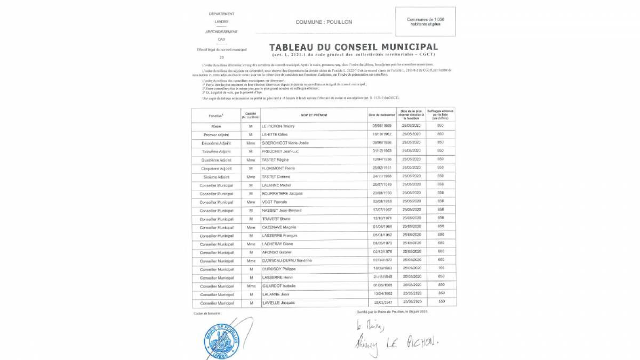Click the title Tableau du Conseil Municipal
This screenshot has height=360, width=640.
(x=354, y=47)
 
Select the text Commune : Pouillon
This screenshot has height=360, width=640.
(x=324, y=22)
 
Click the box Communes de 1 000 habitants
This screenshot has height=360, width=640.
(x=425, y=22)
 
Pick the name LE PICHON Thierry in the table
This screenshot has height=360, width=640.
(x=279, y=126)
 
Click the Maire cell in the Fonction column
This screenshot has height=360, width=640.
(x=216, y=126)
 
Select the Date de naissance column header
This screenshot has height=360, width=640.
(x=381, y=115)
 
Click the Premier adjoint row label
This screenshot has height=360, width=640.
(x=216, y=134)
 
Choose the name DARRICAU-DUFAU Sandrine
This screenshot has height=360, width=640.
(x=287, y=260)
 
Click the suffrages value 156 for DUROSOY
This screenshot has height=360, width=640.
(x=441, y=269)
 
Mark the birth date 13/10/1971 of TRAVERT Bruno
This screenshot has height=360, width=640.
(x=382, y=219)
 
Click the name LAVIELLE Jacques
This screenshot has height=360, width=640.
(x=279, y=303)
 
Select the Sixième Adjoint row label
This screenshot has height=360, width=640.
(x=216, y=177)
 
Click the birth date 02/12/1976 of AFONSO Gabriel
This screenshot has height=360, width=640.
(x=382, y=252)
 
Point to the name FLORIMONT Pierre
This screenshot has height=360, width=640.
(x=279, y=168)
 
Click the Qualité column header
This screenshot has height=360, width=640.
(x=250, y=115)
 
